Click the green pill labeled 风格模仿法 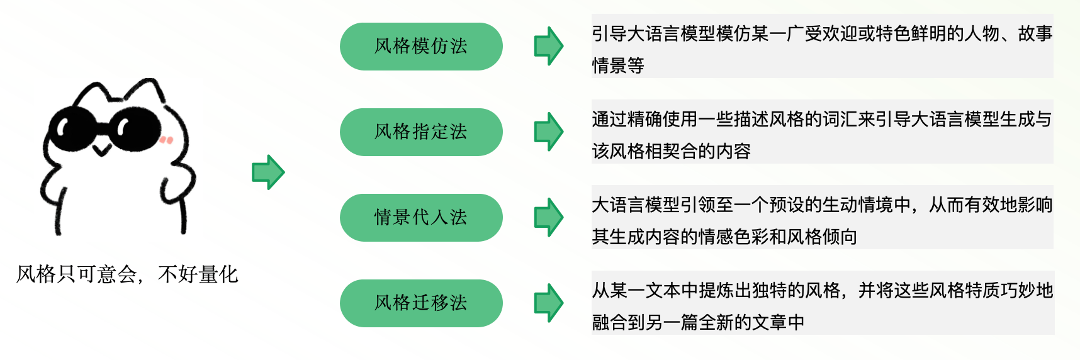pos(421,47)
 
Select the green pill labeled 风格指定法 pos(421,132)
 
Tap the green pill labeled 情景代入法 pos(421,218)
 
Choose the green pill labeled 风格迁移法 pos(421,303)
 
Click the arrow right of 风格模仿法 pos(549,46)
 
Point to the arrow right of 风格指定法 pos(549,132)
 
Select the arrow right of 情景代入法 pos(549,217)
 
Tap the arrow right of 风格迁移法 pos(549,303)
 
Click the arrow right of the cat pos(269,172)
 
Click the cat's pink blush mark pos(166,140)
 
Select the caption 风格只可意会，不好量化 pos(127,274)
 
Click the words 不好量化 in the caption pos(198,274)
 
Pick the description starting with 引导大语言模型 pos(822,48)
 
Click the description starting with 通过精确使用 pos(822,133)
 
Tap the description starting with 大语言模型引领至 pos(822,219)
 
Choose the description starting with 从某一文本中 pos(822,305)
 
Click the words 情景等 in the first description pos(618,65)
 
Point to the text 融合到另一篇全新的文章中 pos(698,322)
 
